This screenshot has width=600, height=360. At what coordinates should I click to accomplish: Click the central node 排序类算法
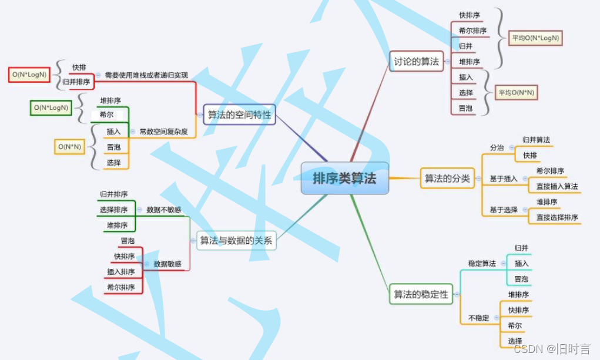345,178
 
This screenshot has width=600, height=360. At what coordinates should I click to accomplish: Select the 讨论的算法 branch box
417,61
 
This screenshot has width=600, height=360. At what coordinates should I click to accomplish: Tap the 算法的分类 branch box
447,179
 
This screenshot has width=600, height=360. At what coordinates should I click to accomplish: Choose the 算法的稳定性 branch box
421,294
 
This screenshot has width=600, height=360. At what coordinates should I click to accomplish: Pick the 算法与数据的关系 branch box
236,240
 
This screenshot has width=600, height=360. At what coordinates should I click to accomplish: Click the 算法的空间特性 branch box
240,115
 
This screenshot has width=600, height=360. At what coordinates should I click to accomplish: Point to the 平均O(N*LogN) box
535,39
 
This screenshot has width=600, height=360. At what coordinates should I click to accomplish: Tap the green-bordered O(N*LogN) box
51,107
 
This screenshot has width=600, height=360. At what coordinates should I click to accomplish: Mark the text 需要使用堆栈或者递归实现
146,75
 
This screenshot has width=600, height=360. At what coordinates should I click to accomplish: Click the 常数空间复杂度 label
163,132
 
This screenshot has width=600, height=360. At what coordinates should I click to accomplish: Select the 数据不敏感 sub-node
163,209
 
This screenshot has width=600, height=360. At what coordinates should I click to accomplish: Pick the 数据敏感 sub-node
167,264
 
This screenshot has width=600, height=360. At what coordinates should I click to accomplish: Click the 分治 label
497,148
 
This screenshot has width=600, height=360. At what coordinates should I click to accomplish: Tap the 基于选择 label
504,210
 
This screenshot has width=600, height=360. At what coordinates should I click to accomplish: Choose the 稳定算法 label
482,263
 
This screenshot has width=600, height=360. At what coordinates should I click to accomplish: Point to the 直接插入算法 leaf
557,187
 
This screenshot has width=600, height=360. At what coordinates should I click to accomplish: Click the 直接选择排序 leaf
557,217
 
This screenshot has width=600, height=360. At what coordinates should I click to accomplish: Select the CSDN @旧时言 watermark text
552,349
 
